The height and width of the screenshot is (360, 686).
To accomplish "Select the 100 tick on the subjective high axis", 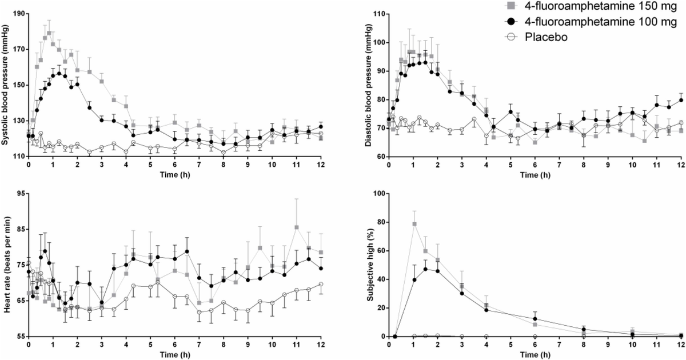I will coord(378,193).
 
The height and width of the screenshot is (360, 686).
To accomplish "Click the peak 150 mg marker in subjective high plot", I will coord(414,224).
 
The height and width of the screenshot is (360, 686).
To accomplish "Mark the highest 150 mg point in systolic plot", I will coord(49,33).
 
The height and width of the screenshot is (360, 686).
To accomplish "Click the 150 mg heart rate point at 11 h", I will coord(297,227).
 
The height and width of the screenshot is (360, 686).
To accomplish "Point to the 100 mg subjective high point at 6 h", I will coord(535,319).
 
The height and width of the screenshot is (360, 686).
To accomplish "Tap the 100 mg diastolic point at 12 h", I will coord(681,100).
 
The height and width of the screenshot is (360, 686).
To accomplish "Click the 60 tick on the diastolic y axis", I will coord(380,157).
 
